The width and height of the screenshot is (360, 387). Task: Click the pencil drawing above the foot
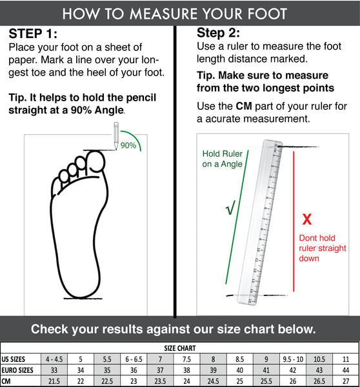116,135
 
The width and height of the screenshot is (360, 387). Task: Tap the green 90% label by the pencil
128,145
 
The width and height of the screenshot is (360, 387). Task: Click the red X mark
307,219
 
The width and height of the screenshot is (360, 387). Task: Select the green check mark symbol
230,208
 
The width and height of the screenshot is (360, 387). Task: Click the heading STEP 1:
33,34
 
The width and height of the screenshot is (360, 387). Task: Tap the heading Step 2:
218,33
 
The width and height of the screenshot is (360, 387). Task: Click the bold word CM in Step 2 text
244,106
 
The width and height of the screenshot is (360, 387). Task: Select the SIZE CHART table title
180,348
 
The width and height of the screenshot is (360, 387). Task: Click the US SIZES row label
14,359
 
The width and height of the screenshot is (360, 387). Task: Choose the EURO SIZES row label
17,370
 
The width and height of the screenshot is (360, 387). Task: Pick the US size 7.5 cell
186,359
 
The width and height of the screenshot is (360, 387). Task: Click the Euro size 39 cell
213,370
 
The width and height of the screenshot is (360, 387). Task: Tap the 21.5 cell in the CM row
54,381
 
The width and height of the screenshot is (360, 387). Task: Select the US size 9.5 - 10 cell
293,359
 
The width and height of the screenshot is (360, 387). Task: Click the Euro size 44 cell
346,370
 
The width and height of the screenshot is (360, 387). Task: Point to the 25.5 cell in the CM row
266,381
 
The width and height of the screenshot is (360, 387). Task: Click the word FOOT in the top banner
267,14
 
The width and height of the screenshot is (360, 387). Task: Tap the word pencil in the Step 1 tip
141,98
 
